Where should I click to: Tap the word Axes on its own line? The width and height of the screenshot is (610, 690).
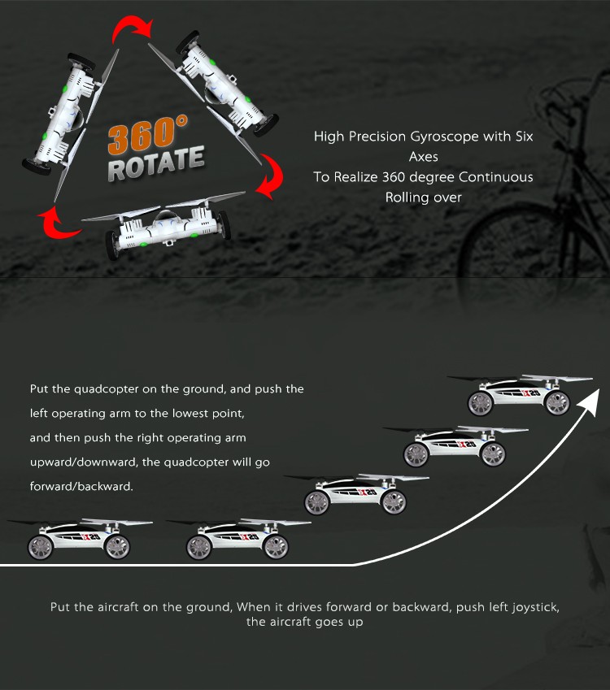[x=423, y=157]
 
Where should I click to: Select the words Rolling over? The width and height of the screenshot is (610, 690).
[x=423, y=197]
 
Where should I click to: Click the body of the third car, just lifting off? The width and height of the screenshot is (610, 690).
[x=358, y=493]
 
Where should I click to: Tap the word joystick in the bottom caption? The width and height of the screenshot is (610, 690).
[x=538, y=607]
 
